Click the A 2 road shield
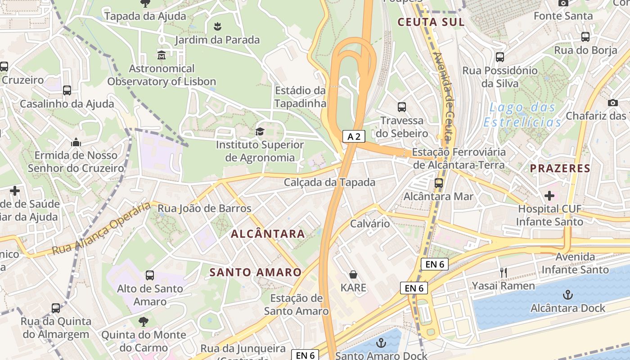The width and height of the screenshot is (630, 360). [354, 136]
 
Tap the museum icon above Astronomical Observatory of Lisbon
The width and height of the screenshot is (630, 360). [162, 55]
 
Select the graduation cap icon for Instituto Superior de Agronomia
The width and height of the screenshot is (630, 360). [260, 131]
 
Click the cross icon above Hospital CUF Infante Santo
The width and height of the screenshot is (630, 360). [549, 196]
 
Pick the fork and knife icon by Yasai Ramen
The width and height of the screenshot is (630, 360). [504, 272]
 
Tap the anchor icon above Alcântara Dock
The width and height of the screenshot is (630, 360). [568, 295]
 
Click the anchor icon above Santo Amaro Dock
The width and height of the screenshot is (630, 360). [381, 343]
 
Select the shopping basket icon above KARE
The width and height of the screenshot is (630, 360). [353, 274]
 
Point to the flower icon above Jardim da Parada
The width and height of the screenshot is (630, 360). [217, 26]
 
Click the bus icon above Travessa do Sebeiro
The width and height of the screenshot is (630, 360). [402, 107]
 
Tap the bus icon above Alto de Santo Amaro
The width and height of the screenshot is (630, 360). [150, 275]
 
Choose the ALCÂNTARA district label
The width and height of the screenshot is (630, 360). [268, 234]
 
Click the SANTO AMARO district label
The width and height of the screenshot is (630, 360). [256, 272]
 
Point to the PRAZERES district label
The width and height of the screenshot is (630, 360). [560, 169]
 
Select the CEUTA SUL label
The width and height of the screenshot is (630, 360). [431, 22]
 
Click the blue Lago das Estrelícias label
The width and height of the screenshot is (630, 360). [522, 115]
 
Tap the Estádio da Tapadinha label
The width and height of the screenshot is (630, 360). [300, 97]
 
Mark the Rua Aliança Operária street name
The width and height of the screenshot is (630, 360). [101, 229]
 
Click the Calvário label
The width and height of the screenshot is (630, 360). [370, 223]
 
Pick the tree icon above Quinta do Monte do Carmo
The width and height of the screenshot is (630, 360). [144, 321]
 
